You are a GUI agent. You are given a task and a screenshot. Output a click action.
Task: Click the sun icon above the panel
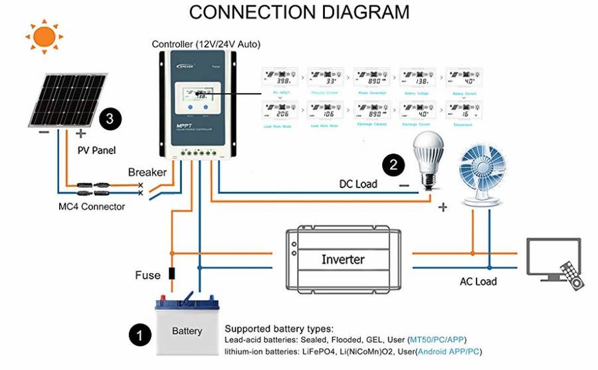(43, 36)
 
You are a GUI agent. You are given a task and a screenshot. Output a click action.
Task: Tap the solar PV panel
(68, 100)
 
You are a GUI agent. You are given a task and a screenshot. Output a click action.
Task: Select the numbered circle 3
(110, 120)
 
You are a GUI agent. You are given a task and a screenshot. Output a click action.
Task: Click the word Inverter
(343, 259)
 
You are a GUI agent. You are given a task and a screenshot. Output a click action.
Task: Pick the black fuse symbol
(171, 273)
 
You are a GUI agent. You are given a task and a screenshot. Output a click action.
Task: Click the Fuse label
(148, 275)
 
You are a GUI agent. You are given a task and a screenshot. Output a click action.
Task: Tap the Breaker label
(147, 172)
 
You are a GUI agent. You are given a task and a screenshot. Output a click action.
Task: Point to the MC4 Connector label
(91, 207)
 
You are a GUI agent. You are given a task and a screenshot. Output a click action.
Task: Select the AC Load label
(478, 282)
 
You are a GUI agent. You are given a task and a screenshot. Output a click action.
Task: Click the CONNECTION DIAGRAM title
(300, 12)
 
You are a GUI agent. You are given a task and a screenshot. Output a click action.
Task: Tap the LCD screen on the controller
(197, 94)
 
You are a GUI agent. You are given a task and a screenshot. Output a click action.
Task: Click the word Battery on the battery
(187, 331)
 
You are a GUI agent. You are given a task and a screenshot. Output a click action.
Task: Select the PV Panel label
(96, 150)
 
